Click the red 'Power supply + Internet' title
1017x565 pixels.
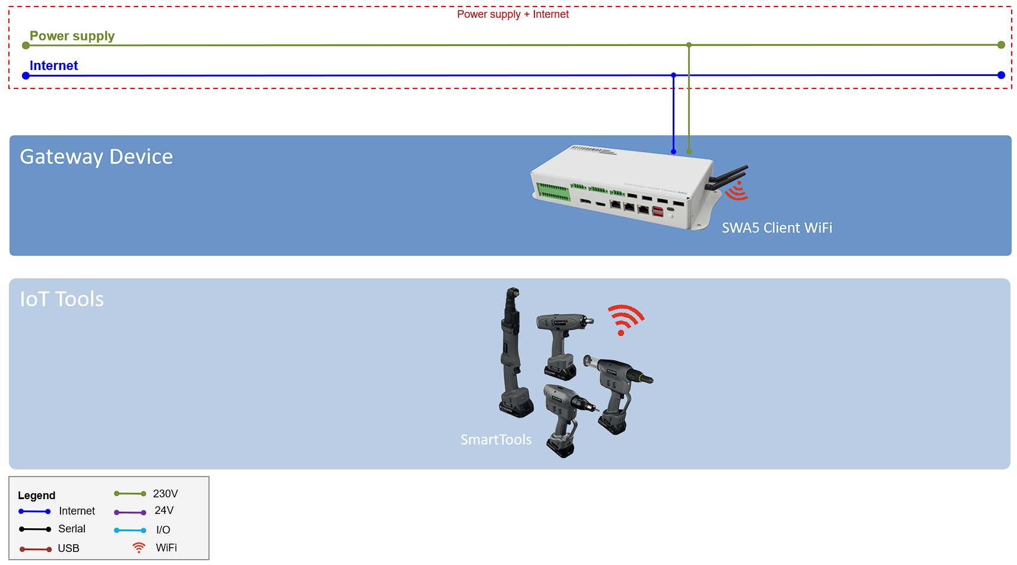click(x=512, y=14)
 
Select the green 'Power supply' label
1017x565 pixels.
click(x=72, y=36)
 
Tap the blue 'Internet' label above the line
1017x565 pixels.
click(x=53, y=66)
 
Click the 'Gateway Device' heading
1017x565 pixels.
click(x=96, y=157)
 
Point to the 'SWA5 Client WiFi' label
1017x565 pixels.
click(x=777, y=228)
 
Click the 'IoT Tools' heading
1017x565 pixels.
click(x=62, y=299)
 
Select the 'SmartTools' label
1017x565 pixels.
click(x=496, y=440)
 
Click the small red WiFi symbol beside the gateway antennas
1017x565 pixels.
click(x=737, y=191)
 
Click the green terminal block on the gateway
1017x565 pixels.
click(x=553, y=192)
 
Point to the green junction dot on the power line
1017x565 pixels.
click(x=689, y=45)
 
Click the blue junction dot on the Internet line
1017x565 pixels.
click(x=673, y=75)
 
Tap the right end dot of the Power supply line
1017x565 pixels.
click(x=1001, y=45)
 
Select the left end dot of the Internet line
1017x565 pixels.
click(x=26, y=76)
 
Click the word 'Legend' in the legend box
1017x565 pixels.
click(x=36, y=496)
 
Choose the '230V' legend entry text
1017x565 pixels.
click(x=165, y=494)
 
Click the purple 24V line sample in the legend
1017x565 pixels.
click(x=130, y=512)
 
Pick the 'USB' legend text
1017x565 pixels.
click(x=68, y=548)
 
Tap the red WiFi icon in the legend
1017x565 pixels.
click(x=139, y=547)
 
